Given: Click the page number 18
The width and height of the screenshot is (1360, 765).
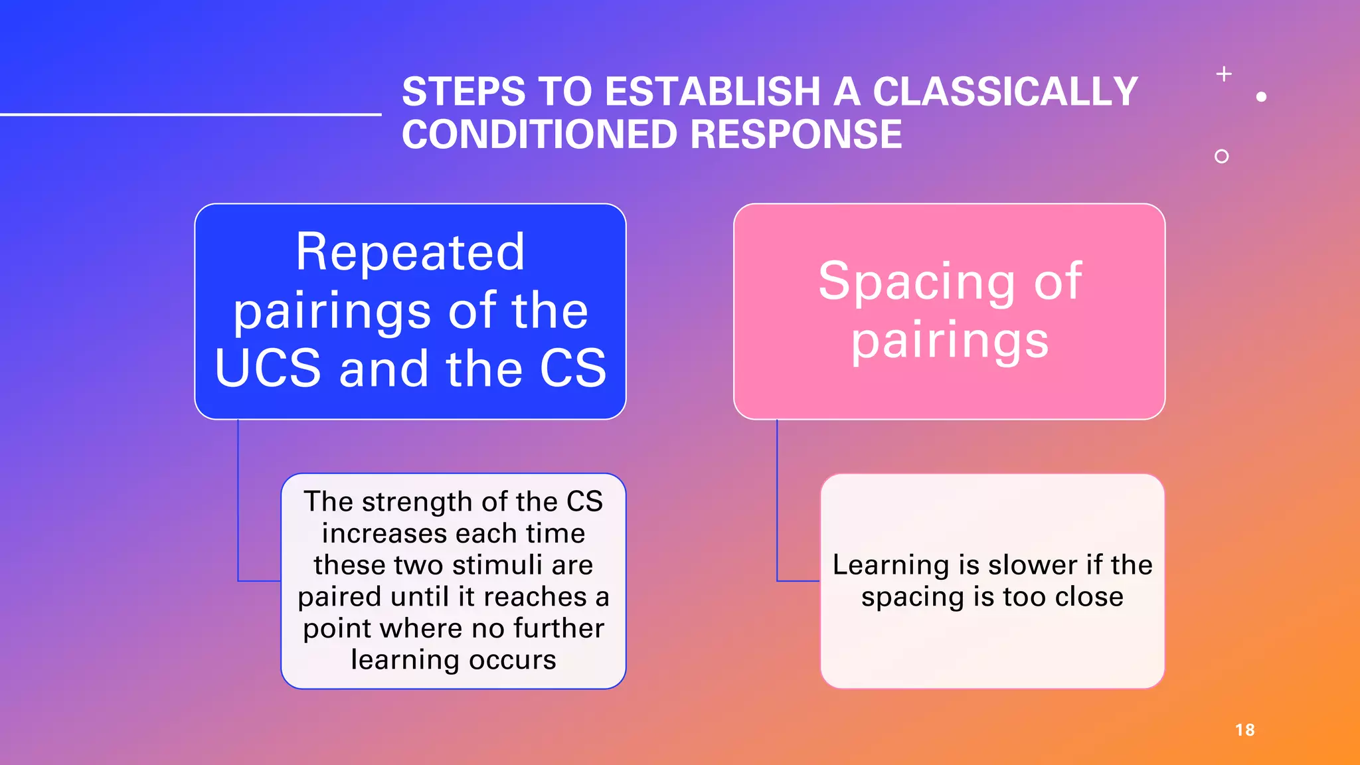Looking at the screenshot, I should tap(1244, 730).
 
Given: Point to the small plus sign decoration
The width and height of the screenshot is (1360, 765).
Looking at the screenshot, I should tap(1224, 74).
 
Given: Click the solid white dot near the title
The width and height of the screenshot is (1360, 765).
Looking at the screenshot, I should tap(1261, 97).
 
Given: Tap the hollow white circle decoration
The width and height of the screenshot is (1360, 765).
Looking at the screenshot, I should tap(1221, 156).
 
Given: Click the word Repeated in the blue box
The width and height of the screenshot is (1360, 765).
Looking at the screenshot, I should tap(410, 252).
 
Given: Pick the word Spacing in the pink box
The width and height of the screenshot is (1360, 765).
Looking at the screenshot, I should tap(916, 282).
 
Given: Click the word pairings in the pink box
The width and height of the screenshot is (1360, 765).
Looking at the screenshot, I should tap(950, 341).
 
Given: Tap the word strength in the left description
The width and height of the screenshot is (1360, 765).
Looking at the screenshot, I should tap(418, 502).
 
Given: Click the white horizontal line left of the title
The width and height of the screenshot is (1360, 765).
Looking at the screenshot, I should tap(191, 114).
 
